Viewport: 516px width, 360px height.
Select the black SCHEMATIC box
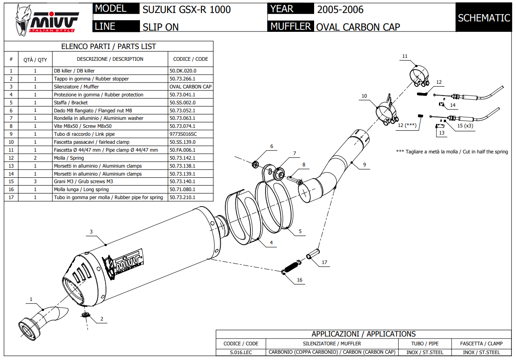pyautogui.click(x=484, y=18)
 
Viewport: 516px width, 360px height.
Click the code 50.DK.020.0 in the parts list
pyautogui.click(x=183, y=71)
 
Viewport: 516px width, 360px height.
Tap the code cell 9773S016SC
pyautogui.click(x=183, y=134)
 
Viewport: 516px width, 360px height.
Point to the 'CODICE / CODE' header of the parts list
pyautogui.click(x=191, y=59)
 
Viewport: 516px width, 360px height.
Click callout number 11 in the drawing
pyautogui.click(x=405, y=56)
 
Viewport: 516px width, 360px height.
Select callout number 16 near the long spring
pyautogui.click(x=299, y=280)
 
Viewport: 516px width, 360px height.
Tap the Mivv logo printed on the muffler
pyautogui.click(x=126, y=264)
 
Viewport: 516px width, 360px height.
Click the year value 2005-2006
pyautogui.click(x=340, y=10)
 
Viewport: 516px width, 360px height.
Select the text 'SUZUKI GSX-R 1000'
pyautogui.click(x=186, y=10)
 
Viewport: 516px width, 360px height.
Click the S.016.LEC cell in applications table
pyautogui.click(x=241, y=352)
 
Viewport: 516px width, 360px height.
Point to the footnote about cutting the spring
pyautogui.click(x=452, y=152)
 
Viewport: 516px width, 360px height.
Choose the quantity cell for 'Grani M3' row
pyautogui.click(x=35, y=181)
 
